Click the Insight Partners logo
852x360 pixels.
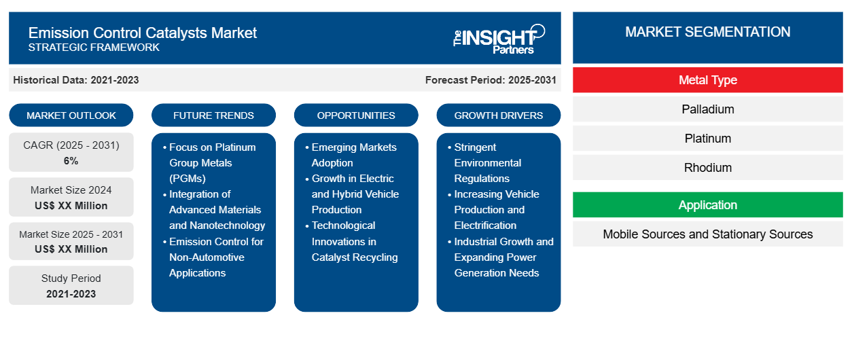coord(499,38)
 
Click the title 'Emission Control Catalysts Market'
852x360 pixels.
coord(143,32)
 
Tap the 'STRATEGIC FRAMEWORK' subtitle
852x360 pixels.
coord(94,48)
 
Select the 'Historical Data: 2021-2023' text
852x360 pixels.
coord(76,80)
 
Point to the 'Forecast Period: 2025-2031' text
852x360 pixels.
coord(491,80)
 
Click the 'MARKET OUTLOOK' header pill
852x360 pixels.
coord(71,115)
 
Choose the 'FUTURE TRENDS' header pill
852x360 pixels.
coord(213,115)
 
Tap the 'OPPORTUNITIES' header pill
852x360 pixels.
coord(356,115)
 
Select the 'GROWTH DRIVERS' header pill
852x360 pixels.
coord(499,115)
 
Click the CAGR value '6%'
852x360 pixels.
coord(71,161)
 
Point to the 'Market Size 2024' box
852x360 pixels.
coord(71,197)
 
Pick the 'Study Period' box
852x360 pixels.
coord(71,285)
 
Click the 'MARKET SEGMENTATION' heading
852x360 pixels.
coord(707,32)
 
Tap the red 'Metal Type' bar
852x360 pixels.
coord(707,80)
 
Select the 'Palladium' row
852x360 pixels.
coord(707,109)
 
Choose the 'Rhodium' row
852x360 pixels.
coord(707,168)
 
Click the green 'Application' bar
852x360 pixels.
coord(707,205)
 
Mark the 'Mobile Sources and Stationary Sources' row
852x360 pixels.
coord(707,234)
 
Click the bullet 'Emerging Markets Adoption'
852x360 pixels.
coord(353,155)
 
